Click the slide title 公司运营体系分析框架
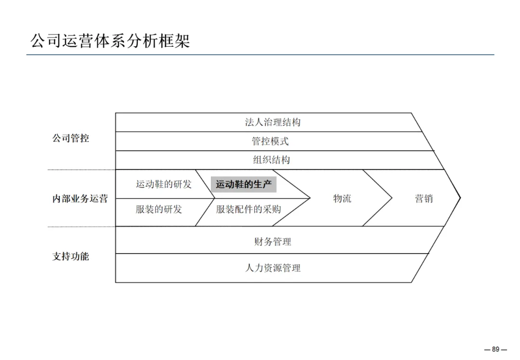[x=110, y=40]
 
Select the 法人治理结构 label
[x=273, y=122]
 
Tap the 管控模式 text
[x=270, y=141]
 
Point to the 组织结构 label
[x=272, y=160]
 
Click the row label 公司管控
[x=71, y=139]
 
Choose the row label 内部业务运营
[x=80, y=198]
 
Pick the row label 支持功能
[x=71, y=256]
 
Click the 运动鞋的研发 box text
[x=164, y=184]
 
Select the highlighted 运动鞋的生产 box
[x=244, y=184]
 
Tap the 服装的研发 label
[x=159, y=209]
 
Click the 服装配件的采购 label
[x=248, y=209]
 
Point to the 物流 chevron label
[x=342, y=198]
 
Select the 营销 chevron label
[x=424, y=198]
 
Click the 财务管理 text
[x=273, y=242]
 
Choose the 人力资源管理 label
[x=273, y=268]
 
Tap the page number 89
[x=495, y=349]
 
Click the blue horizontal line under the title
[x=260, y=55]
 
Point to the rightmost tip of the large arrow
[x=460, y=197]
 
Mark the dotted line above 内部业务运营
[x=81, y=169]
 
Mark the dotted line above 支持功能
[x=81, y=227]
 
